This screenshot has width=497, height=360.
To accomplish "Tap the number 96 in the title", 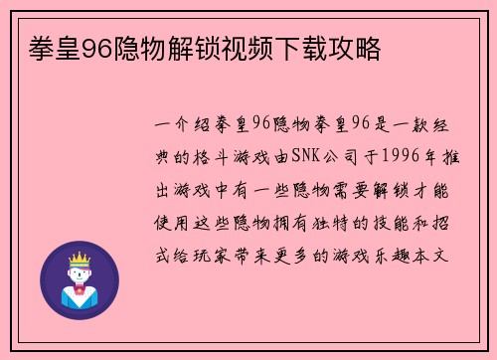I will pos(85,49).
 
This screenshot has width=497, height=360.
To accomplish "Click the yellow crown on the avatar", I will pos(79,257).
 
